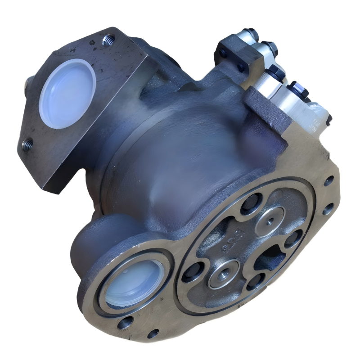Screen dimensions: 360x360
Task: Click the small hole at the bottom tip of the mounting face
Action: coord(153,334)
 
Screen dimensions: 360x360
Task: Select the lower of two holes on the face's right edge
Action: coord(327,208)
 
